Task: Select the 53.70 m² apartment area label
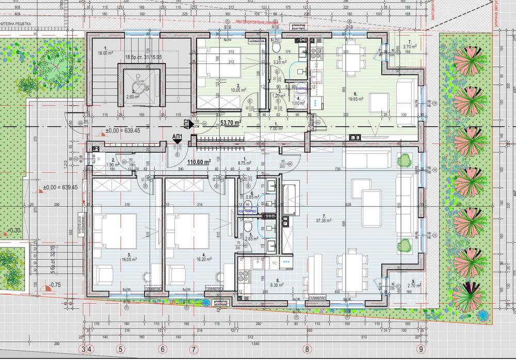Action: click(x=231, y=123)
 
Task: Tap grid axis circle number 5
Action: click(x=121, y=349)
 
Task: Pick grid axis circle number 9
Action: click(x=422, y=349)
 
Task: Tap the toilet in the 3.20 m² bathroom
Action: click(x=273, y=47)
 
